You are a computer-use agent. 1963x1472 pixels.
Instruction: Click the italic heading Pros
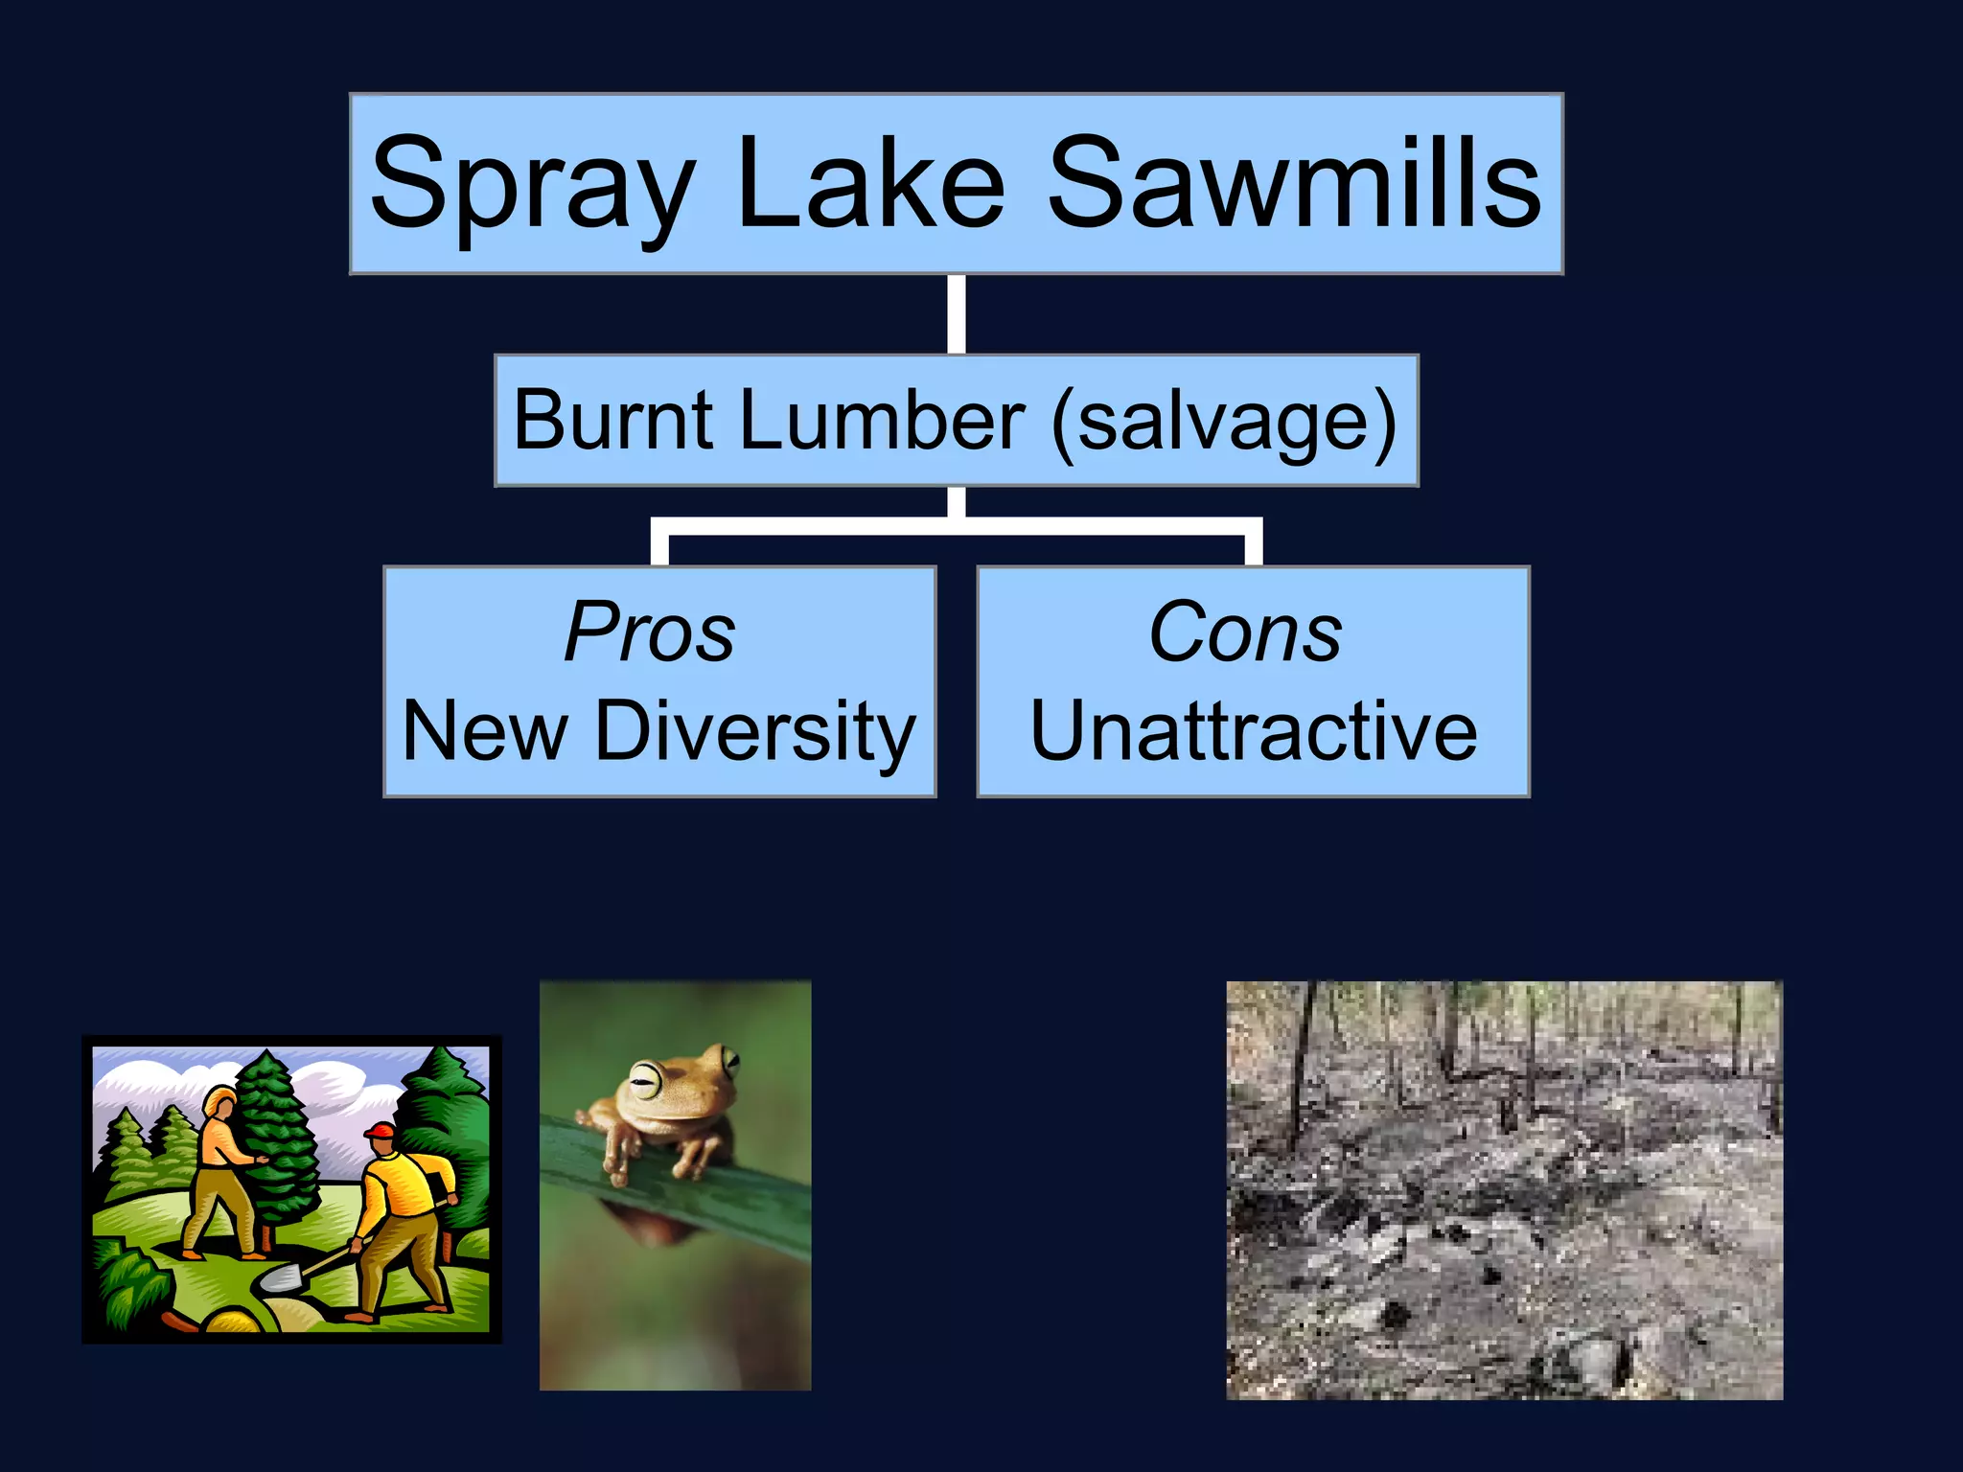pyautogui.click(x=650, y=632)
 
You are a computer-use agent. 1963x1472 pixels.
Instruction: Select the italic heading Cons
pyautogui.click(x=1245, y=632)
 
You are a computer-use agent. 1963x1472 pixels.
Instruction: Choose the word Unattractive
pyautogui.click(x=1254, y=732)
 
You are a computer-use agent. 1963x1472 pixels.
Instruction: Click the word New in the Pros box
pyautogui.click(x=485, y=732)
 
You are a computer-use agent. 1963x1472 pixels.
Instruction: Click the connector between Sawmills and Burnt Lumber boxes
pyautogui.click(x=956, y=314)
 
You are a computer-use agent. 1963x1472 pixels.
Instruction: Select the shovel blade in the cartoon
pyautogui.click(x=282, y=1277)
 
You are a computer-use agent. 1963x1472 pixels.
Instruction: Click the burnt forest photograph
pyautogui.click(x=1504, y=1189)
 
